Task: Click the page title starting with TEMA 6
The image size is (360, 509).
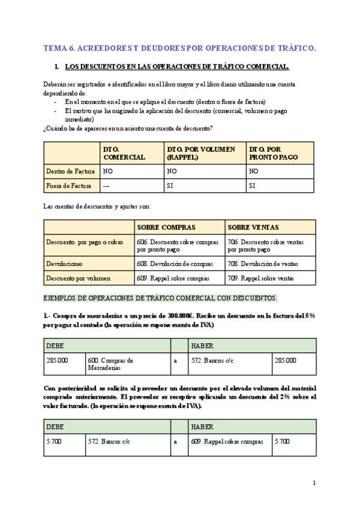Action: (x=179, y=47)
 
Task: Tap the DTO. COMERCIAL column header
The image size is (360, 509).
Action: (x=124, y=153)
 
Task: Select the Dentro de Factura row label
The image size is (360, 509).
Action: (x=71, y=171)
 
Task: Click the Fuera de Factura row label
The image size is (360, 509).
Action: (x=69, y=186)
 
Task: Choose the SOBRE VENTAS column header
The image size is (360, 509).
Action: (x=253, y=227)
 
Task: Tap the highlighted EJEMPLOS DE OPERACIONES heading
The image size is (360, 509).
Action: (x=161, y=298)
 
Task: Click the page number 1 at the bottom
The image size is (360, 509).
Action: (x=314, y=483)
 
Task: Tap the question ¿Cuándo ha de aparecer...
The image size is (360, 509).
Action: (x=128, y=128)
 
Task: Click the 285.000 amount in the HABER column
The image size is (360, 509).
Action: (x=287, y=360)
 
